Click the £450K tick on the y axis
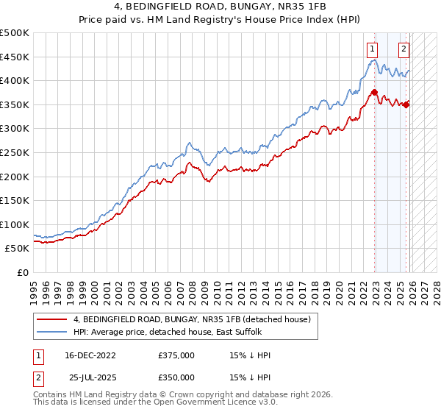pos(15,57)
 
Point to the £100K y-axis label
pos(15,224)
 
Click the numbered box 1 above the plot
pos(373,49)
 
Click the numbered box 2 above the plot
pos(404,49)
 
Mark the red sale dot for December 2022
pos(374,93)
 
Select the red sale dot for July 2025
pos(406,104)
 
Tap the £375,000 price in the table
pos(176,355)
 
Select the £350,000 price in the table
pos(176,377)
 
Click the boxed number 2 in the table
pos(38,377)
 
